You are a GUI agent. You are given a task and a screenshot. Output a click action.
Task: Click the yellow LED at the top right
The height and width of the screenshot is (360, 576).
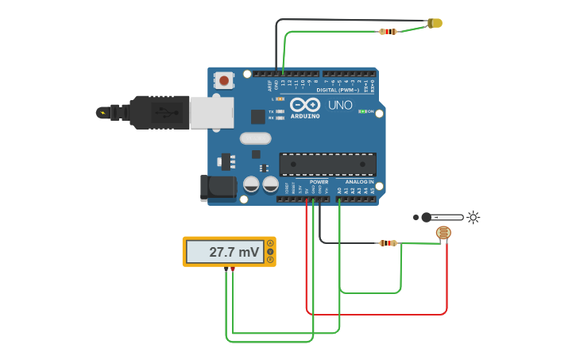[x=435, y=23]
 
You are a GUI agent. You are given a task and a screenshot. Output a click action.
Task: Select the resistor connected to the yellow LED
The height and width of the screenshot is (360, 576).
[x=389, y=32]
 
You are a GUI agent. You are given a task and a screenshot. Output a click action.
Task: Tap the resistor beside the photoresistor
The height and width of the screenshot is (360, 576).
[x=388, y=243]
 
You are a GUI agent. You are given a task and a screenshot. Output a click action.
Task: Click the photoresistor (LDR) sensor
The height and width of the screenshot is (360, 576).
[x=443, y=233]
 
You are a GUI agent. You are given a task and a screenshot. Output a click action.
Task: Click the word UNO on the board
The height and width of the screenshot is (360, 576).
[x=340, y=105]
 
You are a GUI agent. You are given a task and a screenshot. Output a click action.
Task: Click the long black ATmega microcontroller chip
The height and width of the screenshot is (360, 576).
[x=327, y=165]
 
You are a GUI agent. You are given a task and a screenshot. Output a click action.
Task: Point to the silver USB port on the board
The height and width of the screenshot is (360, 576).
[x=211, y=113]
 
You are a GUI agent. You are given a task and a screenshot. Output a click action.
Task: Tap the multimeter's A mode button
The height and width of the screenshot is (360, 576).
[x=270, y=243]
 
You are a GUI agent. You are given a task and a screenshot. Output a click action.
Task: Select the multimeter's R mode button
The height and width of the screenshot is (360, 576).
[x=270, y=260]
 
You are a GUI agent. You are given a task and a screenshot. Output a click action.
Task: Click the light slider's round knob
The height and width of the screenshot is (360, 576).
[x=427, y=217]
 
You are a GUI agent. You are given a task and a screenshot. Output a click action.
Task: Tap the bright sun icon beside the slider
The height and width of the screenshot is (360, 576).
[x=474, y=217]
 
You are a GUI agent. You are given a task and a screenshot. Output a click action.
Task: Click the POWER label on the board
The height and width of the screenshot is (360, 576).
[x=319, y=182]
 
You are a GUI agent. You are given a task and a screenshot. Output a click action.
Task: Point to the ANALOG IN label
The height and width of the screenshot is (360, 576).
[x=359, y=182]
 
